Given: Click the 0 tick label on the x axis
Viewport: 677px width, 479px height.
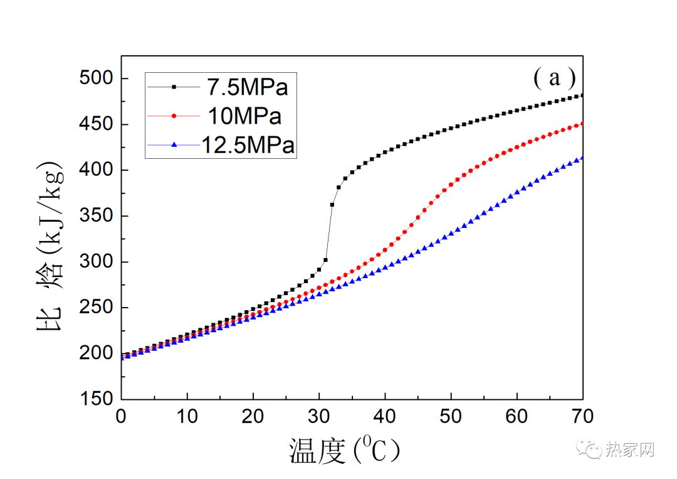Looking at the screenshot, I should coord(122,416).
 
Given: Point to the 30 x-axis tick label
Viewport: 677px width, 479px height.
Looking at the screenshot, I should coord(319,416).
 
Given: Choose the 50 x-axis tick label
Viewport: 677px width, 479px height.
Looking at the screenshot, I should coord(451,416).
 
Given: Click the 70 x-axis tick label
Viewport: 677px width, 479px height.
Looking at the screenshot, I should coord(582,416).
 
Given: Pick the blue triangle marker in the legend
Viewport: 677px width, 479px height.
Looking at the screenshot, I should coord(176,145).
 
